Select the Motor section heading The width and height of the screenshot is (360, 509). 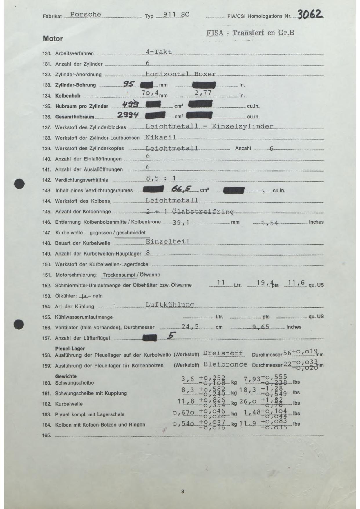(53, 39)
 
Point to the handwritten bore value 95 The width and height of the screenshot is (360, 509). (128, 84)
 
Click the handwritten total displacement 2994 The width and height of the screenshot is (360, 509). (127, 115)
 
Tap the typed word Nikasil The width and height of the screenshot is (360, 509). (160, 137)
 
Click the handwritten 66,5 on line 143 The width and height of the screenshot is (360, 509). (181, 189)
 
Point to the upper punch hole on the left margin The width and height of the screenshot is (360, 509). (19, 184)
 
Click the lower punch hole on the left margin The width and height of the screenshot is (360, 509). (19, 324)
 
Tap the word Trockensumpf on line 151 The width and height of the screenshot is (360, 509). (119, 275)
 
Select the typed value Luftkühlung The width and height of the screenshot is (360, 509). (170, 304)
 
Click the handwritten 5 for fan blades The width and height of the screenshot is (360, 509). (171, 335)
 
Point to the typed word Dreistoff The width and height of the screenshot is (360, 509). (223, 353)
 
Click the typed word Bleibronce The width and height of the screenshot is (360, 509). (225, 364)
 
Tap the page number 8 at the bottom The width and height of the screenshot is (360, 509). (182, 491)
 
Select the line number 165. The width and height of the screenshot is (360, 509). (46, 435)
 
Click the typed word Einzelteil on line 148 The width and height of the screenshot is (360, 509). (167, 241)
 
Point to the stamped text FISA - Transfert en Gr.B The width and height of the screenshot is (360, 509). (250, 33)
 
